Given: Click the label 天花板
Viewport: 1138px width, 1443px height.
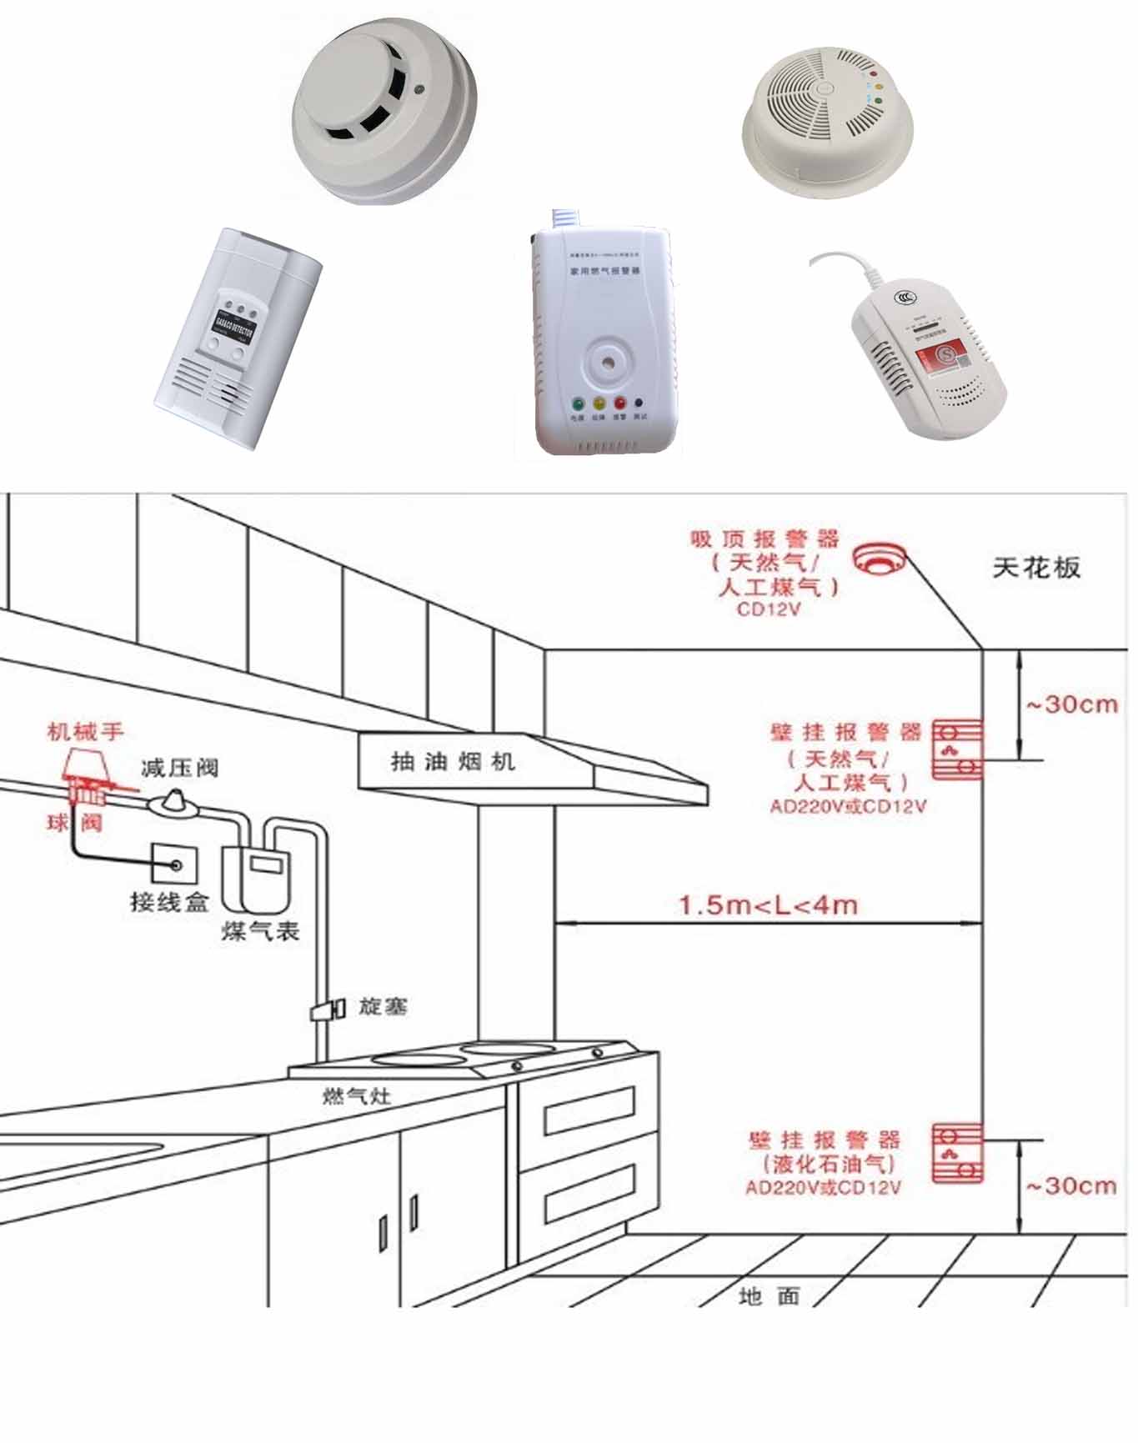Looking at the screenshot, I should [1036, 569].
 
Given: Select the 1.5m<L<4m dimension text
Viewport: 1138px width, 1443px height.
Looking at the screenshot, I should [768, 904].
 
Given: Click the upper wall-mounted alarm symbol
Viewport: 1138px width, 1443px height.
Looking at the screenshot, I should [956, 749].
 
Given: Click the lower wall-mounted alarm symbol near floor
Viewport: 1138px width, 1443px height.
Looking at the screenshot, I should [956, 1153].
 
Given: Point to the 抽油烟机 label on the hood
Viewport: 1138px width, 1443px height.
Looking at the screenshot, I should [453, 761].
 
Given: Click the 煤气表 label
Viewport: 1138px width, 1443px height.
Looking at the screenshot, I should [260, 930].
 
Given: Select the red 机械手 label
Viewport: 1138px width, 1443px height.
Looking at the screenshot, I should [85, 732].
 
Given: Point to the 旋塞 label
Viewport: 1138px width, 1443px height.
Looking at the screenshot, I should [383, 1006].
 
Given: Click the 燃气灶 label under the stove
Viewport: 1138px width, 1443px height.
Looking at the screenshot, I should [357, 1095].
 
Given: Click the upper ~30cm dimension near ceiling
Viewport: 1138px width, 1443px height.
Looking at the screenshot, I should [1070, 704].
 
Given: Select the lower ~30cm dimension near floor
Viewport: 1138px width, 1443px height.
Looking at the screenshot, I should [1070, 1185].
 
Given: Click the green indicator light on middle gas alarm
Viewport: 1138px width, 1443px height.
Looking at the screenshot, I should [577, 403].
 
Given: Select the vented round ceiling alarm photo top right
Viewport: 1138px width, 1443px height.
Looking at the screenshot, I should [827, 121].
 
